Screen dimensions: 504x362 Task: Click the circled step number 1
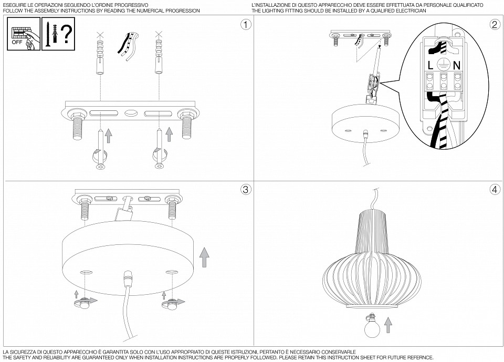(246, 25)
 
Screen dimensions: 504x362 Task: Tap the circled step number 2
(495, 25)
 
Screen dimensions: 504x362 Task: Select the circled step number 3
(246, 190)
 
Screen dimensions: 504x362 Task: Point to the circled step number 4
(495, 190)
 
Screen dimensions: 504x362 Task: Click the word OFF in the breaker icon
(17, 42)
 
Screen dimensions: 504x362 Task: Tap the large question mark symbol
(67, 34)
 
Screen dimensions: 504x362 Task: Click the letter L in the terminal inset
(430, 66)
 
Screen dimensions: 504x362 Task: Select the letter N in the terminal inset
(457, 66)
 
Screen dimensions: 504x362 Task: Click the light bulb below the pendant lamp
(372, 326)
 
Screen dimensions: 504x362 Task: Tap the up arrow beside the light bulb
(388, 325)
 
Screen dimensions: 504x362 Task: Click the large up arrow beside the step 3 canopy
(204, 257)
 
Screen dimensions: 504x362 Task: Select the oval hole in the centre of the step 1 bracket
(131, 113)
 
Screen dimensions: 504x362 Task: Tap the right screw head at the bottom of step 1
(159, 166)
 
